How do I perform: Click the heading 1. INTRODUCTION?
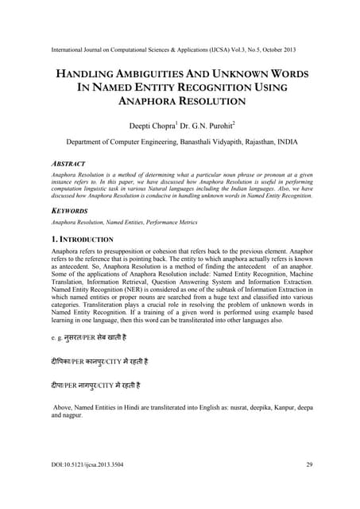(82, 239)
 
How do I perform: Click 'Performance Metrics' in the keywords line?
(168, 222)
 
